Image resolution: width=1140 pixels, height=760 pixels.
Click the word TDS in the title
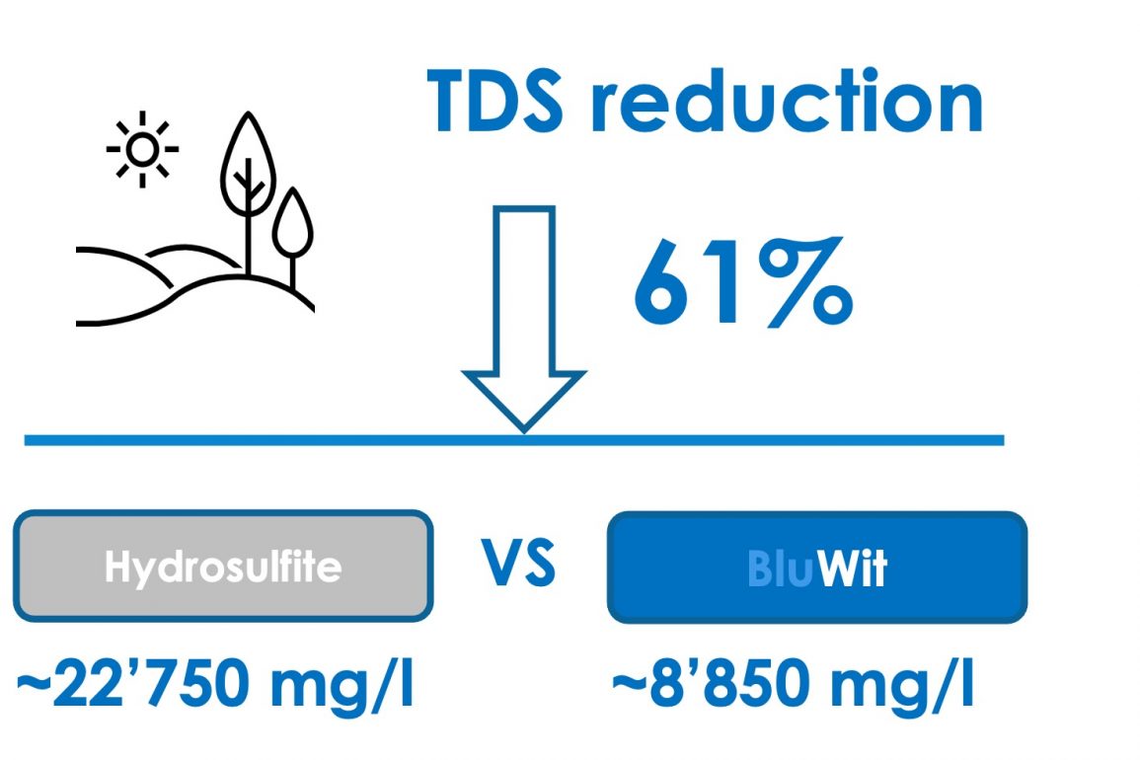pos(494,101)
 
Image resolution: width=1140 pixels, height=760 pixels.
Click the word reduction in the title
pos(787,101)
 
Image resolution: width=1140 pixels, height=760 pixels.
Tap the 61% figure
pos(742,280)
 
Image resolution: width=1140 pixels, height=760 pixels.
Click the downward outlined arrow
pos(524,319)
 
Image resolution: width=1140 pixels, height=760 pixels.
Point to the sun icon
pos(142,149)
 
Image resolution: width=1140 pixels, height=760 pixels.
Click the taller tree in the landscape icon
pos(249,192)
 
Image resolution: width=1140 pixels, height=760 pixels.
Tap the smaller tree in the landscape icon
pos(292,237)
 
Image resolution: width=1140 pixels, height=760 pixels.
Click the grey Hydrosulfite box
pos(223,566)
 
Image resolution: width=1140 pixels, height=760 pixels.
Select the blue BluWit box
pos(817,568)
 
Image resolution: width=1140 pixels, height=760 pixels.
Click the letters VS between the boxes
pos(519,564)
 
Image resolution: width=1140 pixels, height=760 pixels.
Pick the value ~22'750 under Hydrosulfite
pos(135,683)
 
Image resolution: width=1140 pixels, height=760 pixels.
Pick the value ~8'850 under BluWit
pos(712,683)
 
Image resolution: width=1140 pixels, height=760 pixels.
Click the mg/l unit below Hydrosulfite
pos(342,685)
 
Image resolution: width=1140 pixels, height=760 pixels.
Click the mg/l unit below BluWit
pos(900,685)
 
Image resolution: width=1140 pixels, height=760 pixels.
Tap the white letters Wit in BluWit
pos(852,569)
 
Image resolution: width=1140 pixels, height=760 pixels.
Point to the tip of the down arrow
pos(524,431)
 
